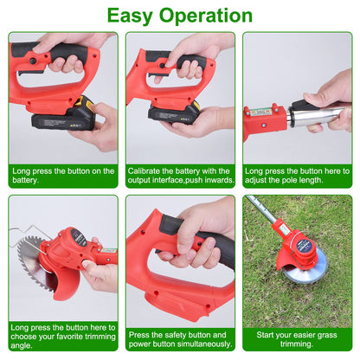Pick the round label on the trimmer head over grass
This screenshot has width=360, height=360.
(x=303, y=246)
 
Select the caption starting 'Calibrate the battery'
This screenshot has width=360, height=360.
(x=179, y=176)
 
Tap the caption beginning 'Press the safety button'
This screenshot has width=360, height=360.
(x=179, y=338)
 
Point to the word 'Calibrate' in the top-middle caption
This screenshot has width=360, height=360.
(x=145, y=170)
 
